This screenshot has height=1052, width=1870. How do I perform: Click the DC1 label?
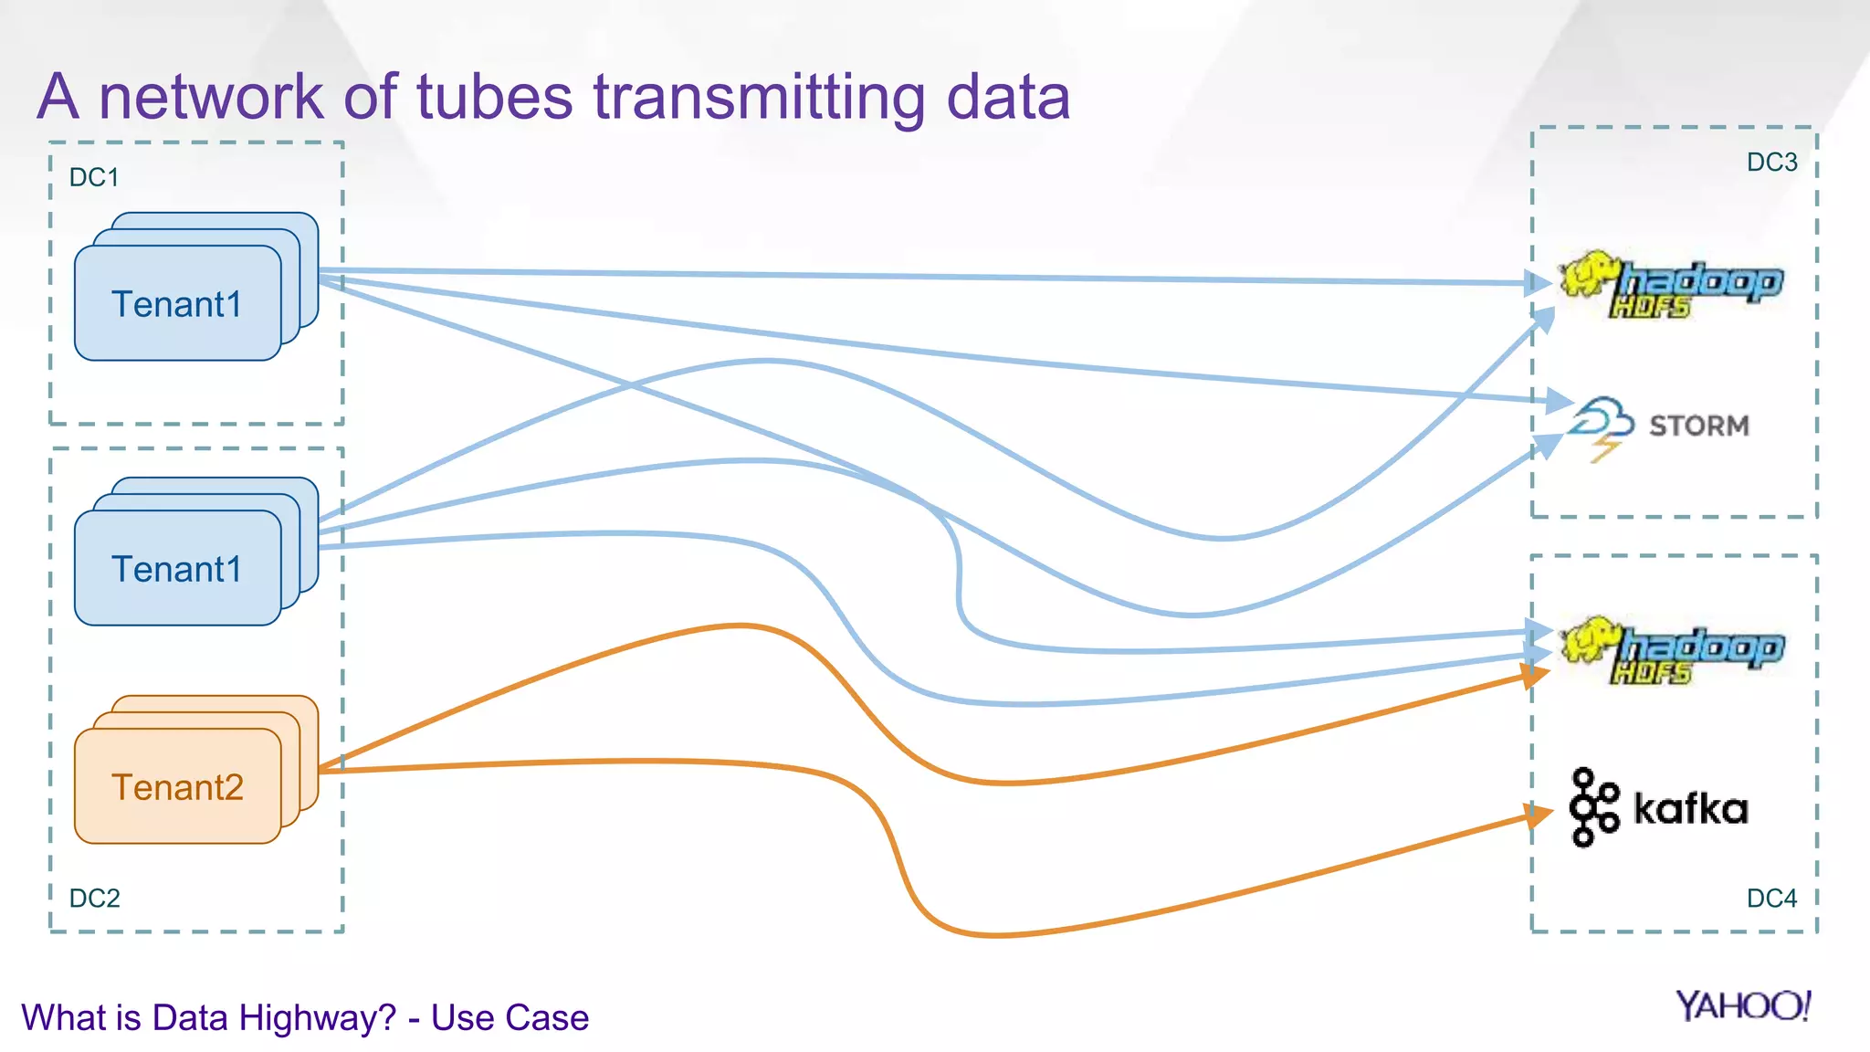(x=94, y=177)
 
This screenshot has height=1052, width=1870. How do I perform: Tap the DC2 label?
(x=94, y=898)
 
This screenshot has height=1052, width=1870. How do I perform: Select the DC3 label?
(x=1771, y=163)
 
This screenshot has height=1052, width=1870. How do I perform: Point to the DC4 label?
(x=1771, y=898)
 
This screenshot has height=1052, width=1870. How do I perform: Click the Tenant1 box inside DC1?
(x=177, y=303)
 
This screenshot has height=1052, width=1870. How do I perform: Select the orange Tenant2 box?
(x=177, y=786)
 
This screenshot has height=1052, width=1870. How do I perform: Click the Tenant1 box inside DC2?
(x=177, y=568)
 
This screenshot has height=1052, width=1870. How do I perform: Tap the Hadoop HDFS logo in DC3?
(x=1671, y=284)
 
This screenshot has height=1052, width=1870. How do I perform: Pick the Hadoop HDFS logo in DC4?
(x=1671, y=649)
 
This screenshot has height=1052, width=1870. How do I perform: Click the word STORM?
(x=1698, y=426)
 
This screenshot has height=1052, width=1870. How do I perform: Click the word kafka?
(x=1690, y=809)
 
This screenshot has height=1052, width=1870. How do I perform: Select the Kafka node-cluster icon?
(x=1593, y=807)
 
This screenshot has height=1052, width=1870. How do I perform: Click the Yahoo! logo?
(x=1742, y=1005)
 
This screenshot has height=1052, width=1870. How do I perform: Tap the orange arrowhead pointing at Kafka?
(x=1539, y=814)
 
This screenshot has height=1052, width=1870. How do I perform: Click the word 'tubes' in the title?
(x=495, y=97)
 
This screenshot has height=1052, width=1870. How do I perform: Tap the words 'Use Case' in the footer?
(x=510, y=1017)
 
